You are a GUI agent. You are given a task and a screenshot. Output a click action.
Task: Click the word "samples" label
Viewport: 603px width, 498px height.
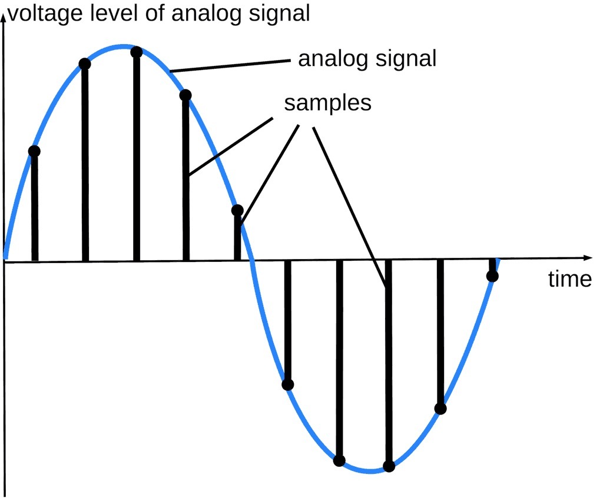click(327, 103)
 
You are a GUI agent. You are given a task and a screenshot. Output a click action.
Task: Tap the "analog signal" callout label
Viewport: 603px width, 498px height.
click(367, 59)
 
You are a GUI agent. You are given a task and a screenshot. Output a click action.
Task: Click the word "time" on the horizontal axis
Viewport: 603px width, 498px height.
click(570, 279)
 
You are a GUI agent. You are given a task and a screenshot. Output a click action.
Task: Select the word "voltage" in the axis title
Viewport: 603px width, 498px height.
click(45, 14)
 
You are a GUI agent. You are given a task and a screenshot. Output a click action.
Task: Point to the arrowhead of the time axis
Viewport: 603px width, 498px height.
click(588, 258)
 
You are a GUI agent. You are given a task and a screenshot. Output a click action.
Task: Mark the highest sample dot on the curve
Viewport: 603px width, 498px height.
click(137, 52)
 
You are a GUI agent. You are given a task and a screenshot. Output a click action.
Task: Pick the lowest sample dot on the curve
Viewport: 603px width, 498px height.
click(389, 466)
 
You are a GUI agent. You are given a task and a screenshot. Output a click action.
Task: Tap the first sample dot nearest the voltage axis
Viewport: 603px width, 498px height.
click(34, 151)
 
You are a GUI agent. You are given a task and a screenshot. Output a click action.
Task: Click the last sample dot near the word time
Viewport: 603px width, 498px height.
click(492, 275)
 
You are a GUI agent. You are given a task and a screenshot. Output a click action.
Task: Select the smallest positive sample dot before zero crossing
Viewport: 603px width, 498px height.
click(237, 210)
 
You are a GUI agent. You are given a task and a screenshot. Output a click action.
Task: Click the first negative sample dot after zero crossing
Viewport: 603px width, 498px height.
click(287, 384)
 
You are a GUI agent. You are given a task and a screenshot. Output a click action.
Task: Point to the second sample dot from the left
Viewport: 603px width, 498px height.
click(85, 64)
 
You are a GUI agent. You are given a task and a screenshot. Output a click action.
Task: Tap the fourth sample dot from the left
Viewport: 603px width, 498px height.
click(185, 95)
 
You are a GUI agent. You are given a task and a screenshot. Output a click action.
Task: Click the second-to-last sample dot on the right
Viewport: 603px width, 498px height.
click(440, 409)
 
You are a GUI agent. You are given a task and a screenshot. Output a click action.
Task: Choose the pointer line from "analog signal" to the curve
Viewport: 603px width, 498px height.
click(230, 66)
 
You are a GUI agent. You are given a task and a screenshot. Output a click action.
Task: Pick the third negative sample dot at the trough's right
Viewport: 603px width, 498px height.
click(389, 466)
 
